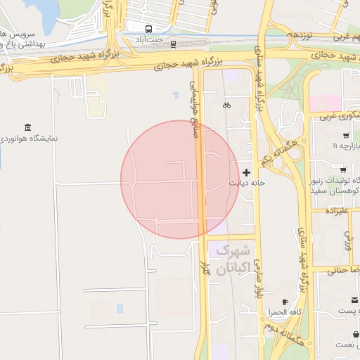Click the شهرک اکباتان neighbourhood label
click(x=233, y=258)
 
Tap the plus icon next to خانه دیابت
click(x=246, y=172)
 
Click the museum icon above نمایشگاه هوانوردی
click(x=27, y=127)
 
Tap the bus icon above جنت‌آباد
click(x=149, y=29)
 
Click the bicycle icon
click(x=226, y=105)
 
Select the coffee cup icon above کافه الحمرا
click(x=285, y=302)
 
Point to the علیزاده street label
click(x=336, y=211)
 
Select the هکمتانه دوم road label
click(x=277, y=323)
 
